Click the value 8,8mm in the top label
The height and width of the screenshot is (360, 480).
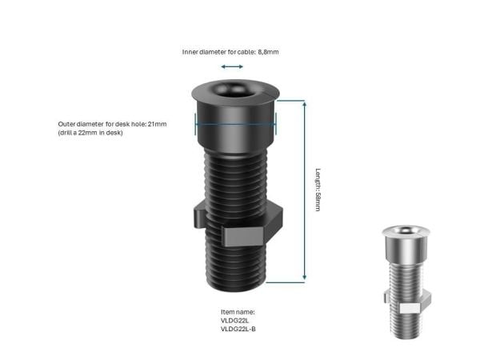point(268,52)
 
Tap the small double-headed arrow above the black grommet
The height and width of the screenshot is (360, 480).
point(232,66)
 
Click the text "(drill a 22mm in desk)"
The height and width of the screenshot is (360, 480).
point(90,133)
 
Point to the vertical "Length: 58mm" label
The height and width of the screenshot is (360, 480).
point(318,190)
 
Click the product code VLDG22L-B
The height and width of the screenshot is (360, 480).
point(238,329)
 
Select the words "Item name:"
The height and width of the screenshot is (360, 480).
point(238,312)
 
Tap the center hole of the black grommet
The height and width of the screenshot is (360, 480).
point(234,89)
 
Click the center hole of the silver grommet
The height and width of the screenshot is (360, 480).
point(406,230)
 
